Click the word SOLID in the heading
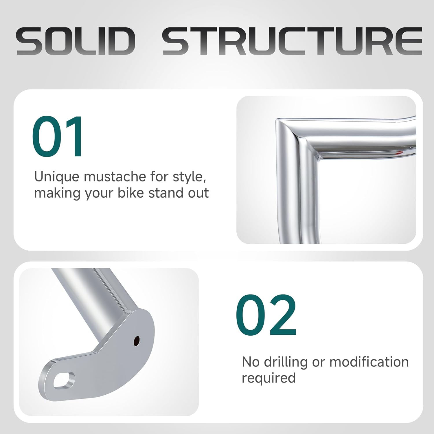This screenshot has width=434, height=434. tap(76, 41)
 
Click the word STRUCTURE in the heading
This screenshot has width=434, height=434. tap(292, 41)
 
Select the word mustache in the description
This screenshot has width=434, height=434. tap(114, 176)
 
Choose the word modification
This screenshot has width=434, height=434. tap(369, 362)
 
